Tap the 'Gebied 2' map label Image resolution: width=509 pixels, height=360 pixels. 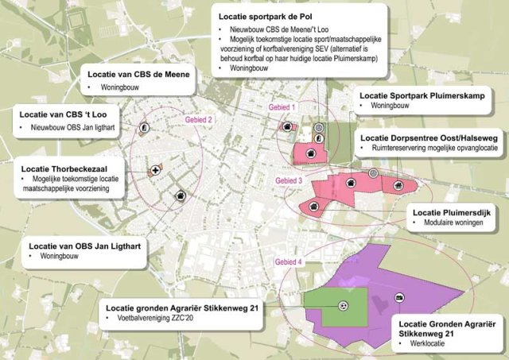click(199, 120)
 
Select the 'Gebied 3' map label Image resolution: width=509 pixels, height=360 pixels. click(289, 181)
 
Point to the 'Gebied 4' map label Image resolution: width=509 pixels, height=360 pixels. click(289, 262)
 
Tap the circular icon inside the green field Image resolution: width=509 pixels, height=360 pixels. click(344, 305)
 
